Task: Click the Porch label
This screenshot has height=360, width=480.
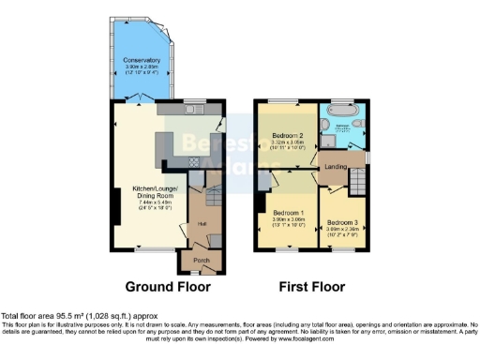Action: [x=201, y=260]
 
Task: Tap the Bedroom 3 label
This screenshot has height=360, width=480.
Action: [x=342, y=221]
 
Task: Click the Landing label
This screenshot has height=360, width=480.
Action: [x=335, y=168]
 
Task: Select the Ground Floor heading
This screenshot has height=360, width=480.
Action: [x=168, y=287]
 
